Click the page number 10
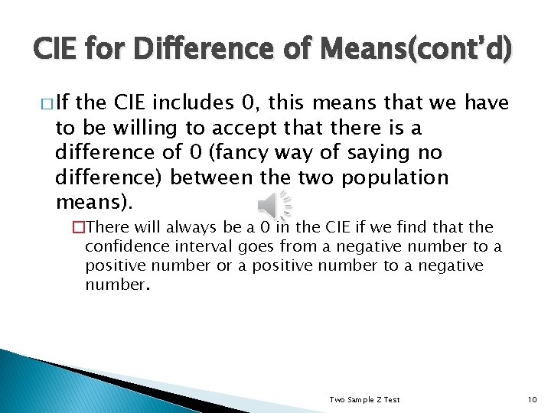coord(533,400)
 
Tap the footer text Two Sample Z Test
coord(364,400)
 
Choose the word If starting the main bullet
coord(64,102)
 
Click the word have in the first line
coord(487,102)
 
